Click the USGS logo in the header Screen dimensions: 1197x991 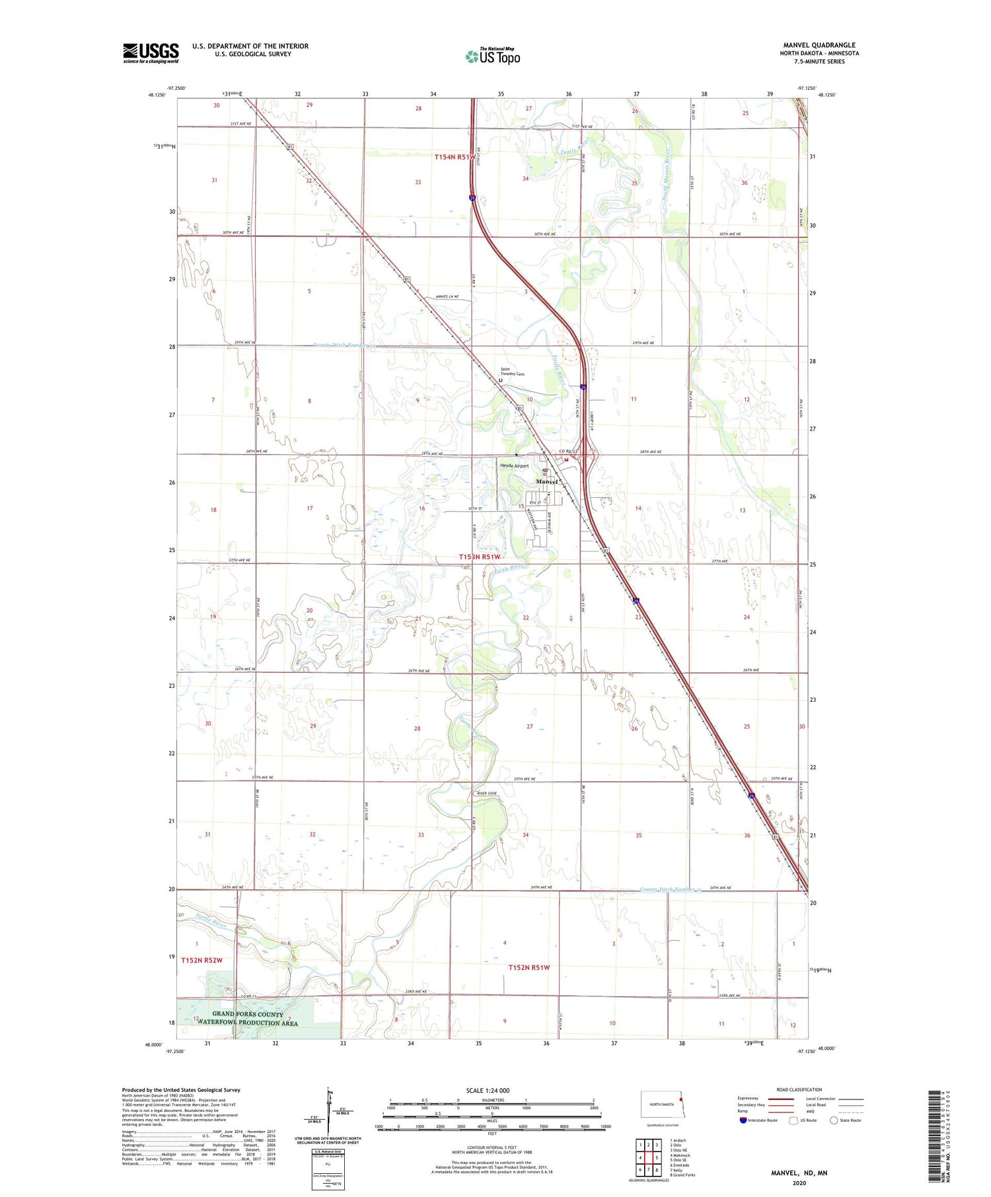[151, 53]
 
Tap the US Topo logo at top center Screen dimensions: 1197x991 [492, 57]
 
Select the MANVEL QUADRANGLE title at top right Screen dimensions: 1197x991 [819, 45]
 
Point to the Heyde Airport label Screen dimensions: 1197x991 [515, 465]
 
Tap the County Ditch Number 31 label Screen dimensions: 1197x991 [669, 889]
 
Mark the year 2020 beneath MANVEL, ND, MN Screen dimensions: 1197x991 [799, 1182]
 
